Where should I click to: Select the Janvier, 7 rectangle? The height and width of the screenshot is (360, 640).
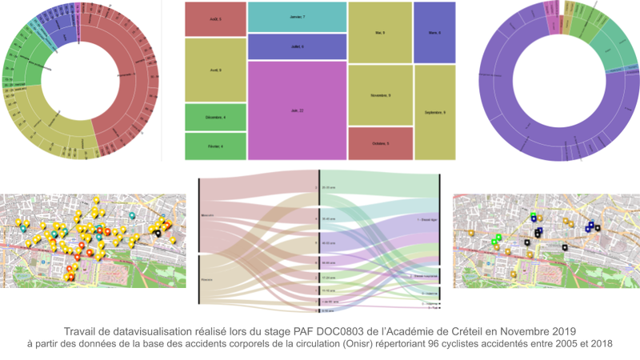[x=297, y=16]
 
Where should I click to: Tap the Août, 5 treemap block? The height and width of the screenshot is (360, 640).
[x=214, y=18]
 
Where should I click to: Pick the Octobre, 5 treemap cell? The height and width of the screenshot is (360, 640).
[x=379, y=143]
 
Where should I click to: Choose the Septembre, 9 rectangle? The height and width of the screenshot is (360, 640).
[x=434, y=112]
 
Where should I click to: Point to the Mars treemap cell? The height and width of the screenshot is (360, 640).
[x=434, y=33]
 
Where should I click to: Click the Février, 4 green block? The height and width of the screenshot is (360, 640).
[x=214, y=146]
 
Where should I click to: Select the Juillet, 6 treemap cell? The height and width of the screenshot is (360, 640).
[x=296, y=46]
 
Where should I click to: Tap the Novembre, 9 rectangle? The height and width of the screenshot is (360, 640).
[x=379, y=95]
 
